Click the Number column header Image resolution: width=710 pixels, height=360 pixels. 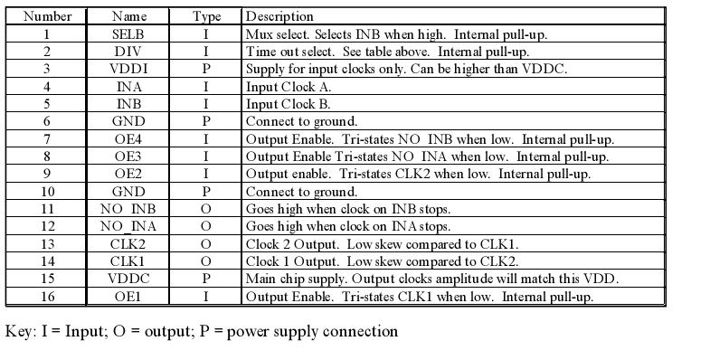[46, 16]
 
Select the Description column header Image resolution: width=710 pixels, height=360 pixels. [279, 16]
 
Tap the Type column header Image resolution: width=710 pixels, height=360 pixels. [206, 16]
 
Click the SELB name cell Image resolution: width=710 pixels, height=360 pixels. [128, 34]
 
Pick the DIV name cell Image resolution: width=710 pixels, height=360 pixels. [128, 52]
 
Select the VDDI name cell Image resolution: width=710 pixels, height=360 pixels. [128, 69]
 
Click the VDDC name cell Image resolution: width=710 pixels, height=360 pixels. [128, 279]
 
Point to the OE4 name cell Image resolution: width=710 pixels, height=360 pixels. [128, 139]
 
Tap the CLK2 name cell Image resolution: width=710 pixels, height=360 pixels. [128, 244]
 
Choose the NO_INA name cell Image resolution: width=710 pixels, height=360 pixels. [128, 226]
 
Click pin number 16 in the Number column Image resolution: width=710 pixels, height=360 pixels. [46, 297]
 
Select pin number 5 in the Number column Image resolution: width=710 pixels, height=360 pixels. [46, 104]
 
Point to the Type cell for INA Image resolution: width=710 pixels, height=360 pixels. [206, 87]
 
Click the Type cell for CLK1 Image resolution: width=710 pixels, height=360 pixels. [206, 261]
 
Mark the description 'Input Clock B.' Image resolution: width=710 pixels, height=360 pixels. [289, 104]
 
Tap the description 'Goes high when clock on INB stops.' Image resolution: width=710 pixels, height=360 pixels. [348, 209]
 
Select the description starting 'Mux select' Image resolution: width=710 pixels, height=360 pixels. [396, 34]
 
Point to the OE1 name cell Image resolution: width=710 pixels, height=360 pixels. [128, 297]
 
